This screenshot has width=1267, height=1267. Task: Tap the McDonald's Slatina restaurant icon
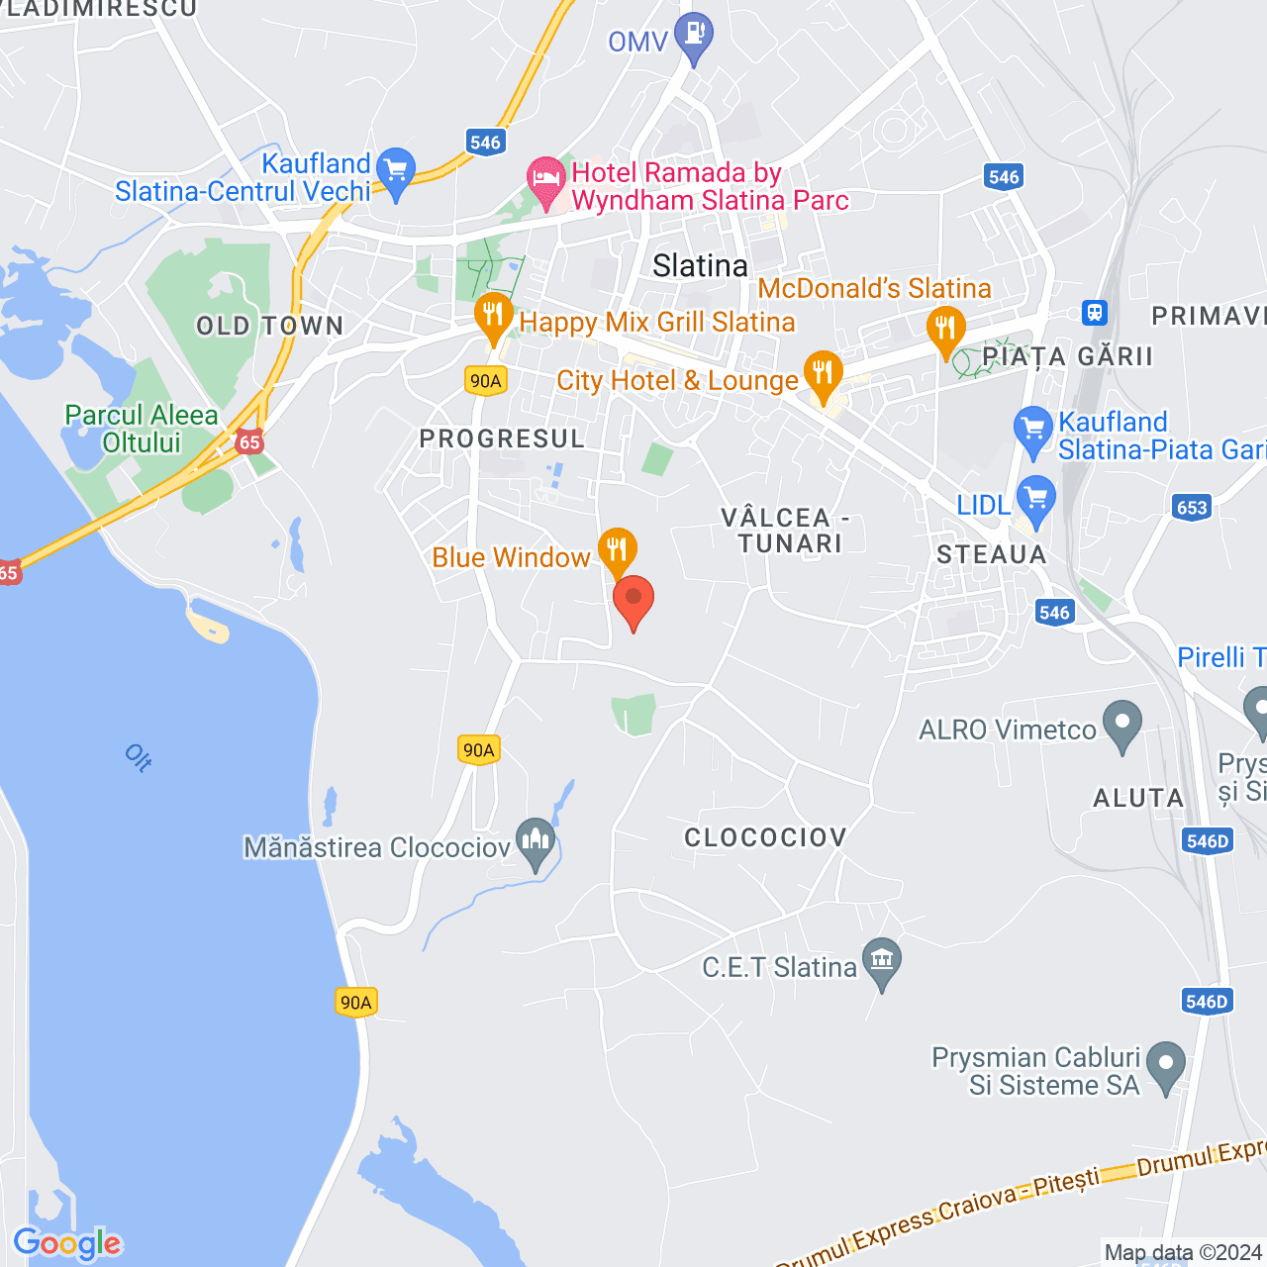pos(945,330)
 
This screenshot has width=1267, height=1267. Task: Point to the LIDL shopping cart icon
pos(1036,498)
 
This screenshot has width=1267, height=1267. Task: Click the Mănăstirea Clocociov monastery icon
pos(536,842)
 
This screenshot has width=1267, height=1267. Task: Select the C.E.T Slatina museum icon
pos(881,960)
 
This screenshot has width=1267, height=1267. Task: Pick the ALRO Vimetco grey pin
pos(1122,724)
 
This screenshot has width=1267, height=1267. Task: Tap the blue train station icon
pos(1094,313)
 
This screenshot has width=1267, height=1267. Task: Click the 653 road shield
pos(1192,508)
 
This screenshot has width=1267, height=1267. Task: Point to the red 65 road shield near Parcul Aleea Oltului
pos(249,442)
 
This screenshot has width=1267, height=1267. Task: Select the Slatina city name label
pos(700,265)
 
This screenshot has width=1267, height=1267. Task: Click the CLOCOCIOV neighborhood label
pos(765,837)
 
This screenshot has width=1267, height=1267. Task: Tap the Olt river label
pos(139,758)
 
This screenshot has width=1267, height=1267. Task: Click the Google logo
pos(67,1243)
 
